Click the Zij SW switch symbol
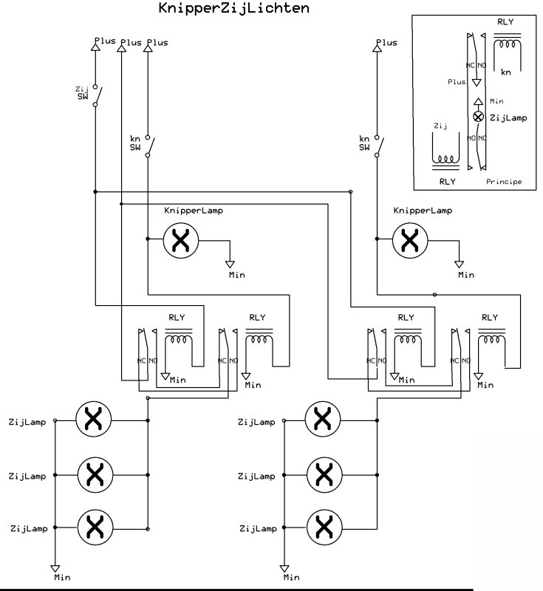click(x=97, y=96)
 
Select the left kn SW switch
click(x=148, y=146)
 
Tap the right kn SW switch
click(x=378, y=146)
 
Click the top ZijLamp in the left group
click(x=93, y=420)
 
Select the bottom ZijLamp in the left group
click(x=93, y=528)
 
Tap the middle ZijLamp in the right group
click(x=322, y=474)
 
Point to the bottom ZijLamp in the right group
click(x=322, y=528)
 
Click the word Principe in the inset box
click(x=504, y=181)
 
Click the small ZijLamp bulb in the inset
click(x=477, y=117)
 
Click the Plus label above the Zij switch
click(x=104, y=41)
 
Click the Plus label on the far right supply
click(x=386, y=42)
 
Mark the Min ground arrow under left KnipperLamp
click(x=230, y=264)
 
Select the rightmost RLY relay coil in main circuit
click(x=491, y=339)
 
